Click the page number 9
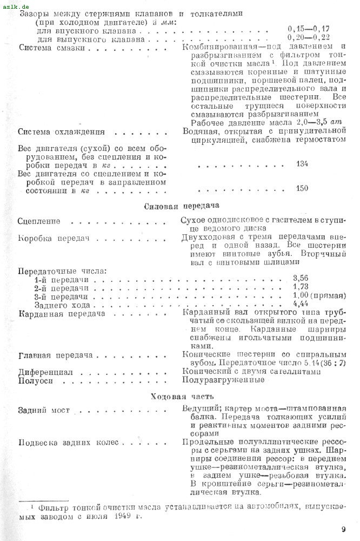tap(343, 529)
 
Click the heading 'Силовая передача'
tap(180, 206)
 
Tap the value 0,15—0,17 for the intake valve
tap(309, 28)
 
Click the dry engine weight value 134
tap(302, 163)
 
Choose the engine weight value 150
tap(302, 188)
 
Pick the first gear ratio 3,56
tap(301, 278)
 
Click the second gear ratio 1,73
tap(301, 287)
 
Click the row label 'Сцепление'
tap(39, 222)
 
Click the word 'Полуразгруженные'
tap(224, 380)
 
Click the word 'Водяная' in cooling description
tap(201, 131)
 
